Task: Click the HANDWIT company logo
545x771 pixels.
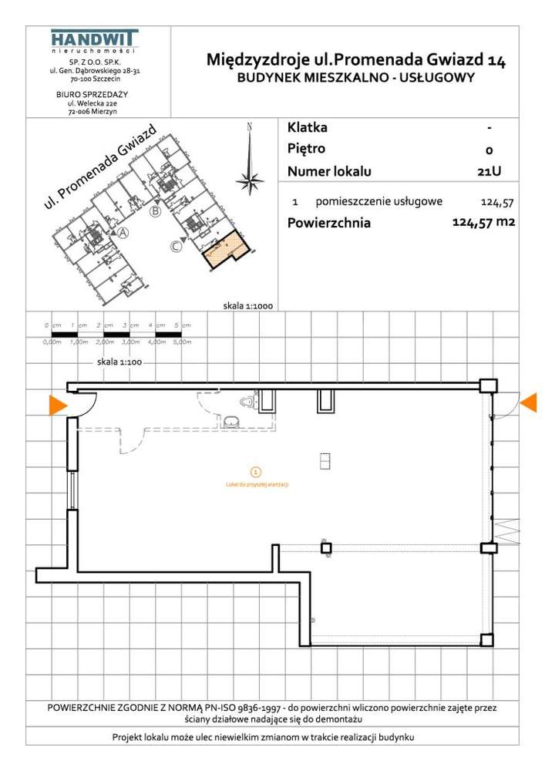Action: (x=93, y=40)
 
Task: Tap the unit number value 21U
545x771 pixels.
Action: (x=489, y=172)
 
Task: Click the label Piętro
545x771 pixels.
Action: (x=306, y=149)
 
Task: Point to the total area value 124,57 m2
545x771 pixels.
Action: (x=483, y=223)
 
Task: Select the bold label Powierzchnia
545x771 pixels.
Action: (x=328, y=224)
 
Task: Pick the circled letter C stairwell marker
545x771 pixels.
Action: (x=177, y=247)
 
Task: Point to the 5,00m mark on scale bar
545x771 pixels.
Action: (x=182, y=342)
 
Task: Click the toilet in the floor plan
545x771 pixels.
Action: (x=248, y=402)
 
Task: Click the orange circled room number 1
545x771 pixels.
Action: (x=256, y=471)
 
